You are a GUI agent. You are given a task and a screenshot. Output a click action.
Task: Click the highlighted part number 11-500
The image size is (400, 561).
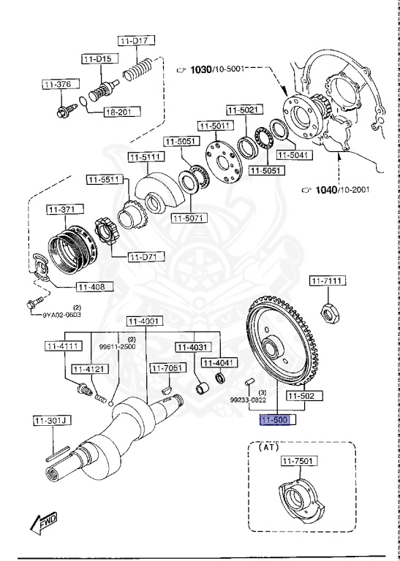(269, 420)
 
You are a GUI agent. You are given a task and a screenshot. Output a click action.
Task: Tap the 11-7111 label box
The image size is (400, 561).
(328, 281)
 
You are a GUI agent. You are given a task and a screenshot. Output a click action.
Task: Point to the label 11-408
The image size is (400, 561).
(93, 287)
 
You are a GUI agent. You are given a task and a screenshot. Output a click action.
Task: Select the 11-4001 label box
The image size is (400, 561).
(145, 321)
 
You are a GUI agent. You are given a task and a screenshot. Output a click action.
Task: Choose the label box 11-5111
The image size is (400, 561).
(146, 156)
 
